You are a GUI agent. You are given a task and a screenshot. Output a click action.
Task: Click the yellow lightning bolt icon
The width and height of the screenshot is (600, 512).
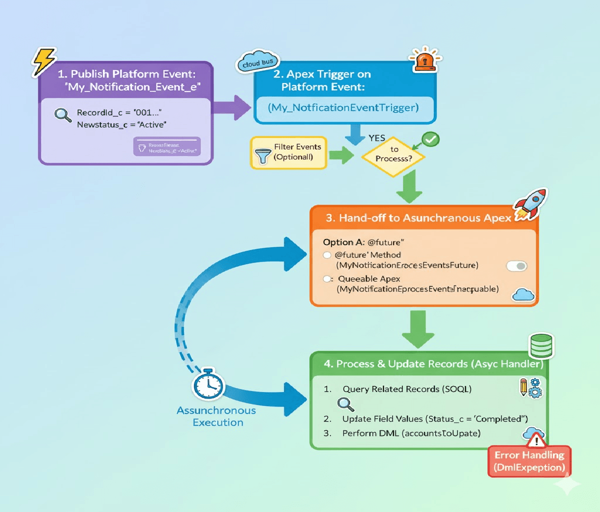[x=44, y=61]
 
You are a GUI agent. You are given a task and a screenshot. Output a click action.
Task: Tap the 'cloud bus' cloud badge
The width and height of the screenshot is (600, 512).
[x=257, y=62]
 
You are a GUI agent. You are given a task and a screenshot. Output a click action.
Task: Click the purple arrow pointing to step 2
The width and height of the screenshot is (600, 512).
[x=232, y=108]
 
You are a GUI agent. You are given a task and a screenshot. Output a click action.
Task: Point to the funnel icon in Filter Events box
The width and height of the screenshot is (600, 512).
[x=263, y=156]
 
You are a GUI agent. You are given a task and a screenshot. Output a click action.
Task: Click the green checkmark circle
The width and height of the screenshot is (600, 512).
[x=430, y=139]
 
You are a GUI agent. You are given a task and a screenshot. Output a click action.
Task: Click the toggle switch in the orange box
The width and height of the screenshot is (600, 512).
[x=516, y=266]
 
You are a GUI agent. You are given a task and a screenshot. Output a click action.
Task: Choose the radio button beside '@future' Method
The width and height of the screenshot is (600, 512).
[x=327, y=255]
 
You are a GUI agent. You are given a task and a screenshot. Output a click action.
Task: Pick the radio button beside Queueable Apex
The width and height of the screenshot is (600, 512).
[x=327, y=279]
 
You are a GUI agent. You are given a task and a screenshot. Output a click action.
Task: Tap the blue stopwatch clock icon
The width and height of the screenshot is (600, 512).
[x=208, y=384]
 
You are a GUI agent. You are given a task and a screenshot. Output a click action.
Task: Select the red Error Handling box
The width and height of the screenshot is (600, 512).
[x=529, y=461]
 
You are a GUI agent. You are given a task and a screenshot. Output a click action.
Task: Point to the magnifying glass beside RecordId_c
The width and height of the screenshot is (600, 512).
[x=63, y=115]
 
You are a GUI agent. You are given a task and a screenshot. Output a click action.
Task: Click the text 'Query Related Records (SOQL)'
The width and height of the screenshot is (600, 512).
[x=406, y=389]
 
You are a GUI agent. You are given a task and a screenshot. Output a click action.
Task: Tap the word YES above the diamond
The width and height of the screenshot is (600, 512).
[x=377, y=138]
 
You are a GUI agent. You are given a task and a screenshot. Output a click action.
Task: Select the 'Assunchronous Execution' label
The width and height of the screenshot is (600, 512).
[x=216, y=416]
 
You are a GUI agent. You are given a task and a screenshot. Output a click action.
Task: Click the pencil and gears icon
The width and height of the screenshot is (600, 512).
[x=530, y=387]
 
